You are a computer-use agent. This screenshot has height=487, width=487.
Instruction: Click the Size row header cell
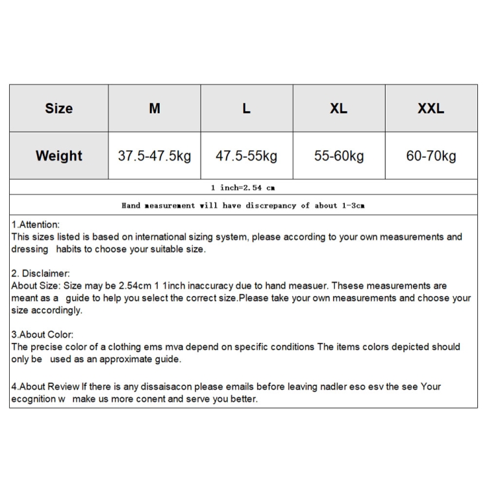click(58, 108)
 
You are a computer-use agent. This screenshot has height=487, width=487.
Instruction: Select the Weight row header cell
click(58, 156)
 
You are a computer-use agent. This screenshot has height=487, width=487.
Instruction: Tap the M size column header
click(155, 108)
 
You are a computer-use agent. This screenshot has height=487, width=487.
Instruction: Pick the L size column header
click(247, 108)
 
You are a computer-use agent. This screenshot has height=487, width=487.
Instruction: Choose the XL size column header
click(338, 108)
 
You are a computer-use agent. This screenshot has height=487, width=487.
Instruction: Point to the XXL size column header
click(431, 108)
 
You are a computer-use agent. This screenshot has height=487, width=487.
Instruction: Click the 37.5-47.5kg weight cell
click(155, 156)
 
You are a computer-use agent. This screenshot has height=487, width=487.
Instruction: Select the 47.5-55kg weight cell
click(247, 156)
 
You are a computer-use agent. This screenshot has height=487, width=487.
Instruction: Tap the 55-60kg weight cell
click(338, 156)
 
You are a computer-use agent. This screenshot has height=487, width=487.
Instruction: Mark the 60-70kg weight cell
click(431, 156)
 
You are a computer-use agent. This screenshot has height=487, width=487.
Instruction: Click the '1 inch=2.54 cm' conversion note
click(243, 188)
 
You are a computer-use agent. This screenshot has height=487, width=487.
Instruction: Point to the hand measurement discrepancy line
click(243, 205)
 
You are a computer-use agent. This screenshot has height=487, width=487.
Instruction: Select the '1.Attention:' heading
click(36, 225)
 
